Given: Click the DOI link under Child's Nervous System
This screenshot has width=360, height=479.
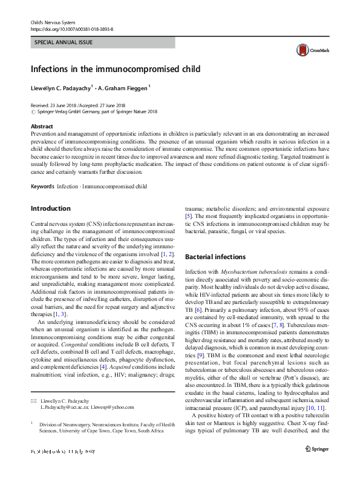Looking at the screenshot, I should pos(71,28).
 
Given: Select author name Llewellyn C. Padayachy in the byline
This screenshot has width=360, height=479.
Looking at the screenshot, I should pos(62,88).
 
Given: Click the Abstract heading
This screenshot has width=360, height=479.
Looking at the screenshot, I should pos(42,125).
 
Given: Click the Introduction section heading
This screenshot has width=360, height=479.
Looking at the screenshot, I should pos(50,209).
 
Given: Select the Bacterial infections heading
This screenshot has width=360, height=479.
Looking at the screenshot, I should pos(215,257).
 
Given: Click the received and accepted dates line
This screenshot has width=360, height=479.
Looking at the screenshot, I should pos(77,105).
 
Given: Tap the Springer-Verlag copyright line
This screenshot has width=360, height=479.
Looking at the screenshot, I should pos(94,112).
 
